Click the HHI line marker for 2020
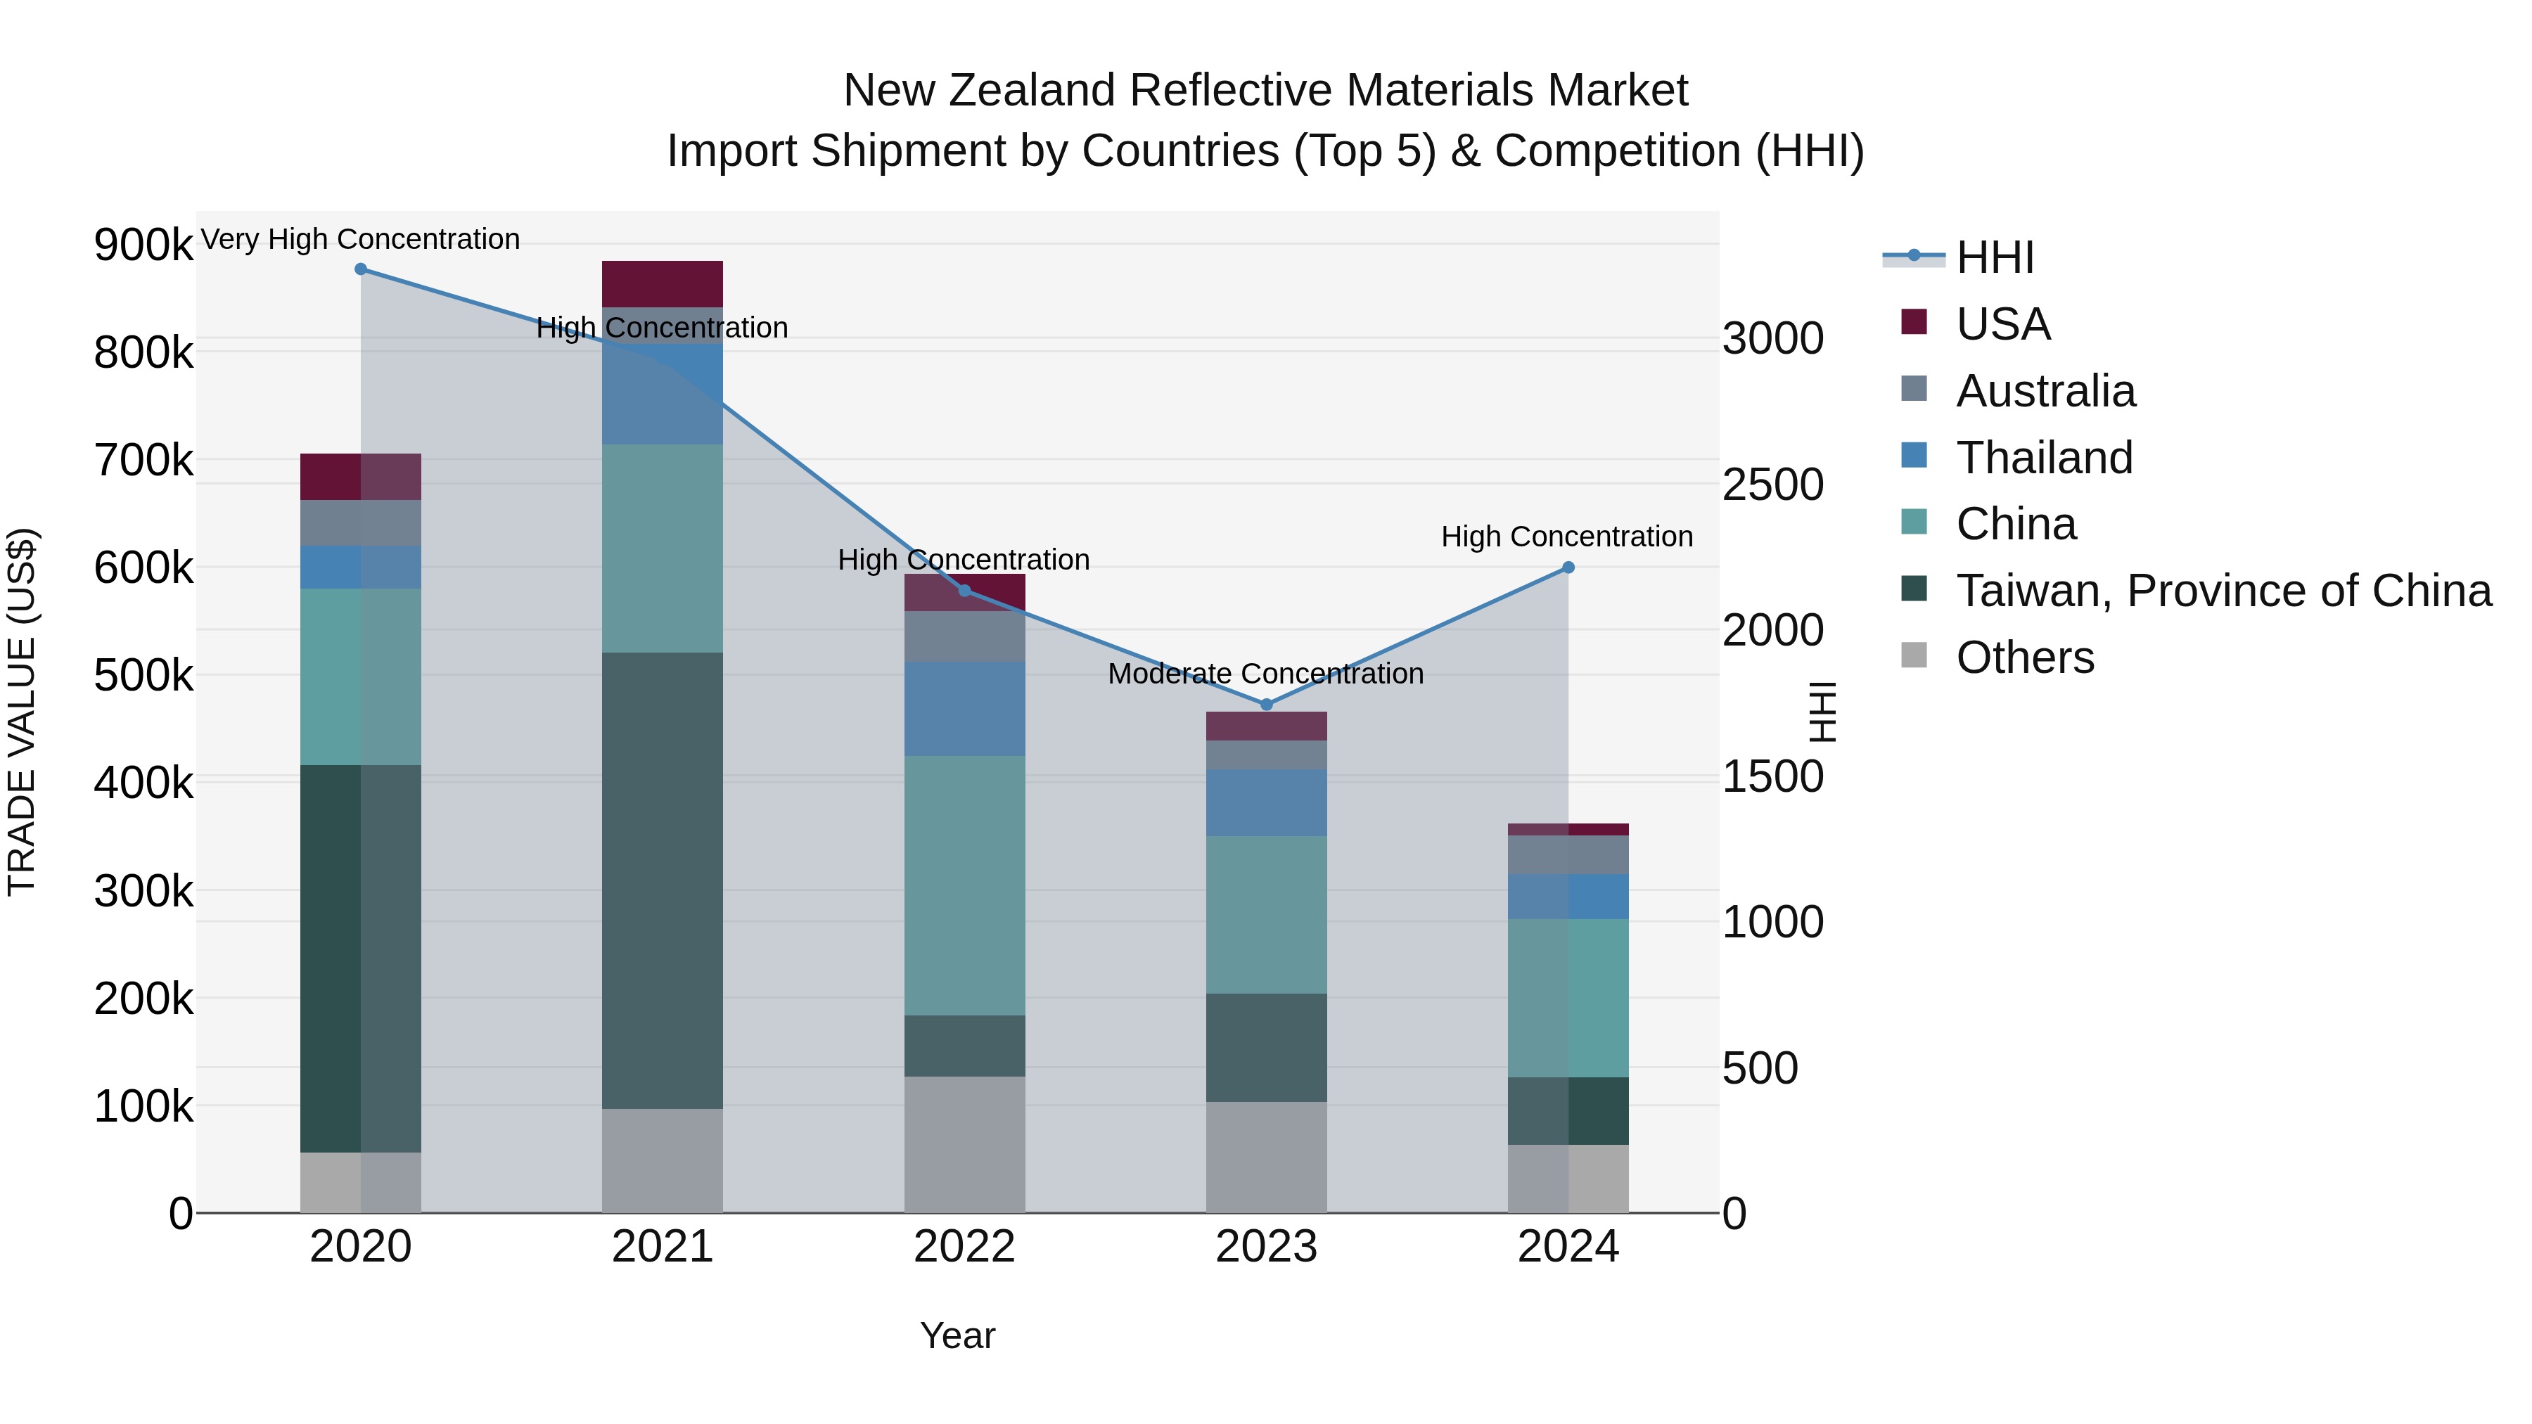[x=361, y=269]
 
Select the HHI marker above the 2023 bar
[x=1266, y=705]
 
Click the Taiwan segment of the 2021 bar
[x=662, y=880]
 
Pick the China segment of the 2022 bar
[x=964, y=885]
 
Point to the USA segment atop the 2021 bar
[x=662, y=284]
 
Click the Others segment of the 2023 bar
[x=1266, y=1157]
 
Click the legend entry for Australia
[x=2045, y=391]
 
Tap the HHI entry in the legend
[x=1995, y=257]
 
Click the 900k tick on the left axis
[x=143, y=245]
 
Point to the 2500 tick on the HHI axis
[x=1772, y=485]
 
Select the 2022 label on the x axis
[x=964, y=1247]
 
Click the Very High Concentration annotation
[x=361, y=239]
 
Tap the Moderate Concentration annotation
[x=1265, y=674]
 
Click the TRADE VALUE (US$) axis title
[x=22, y=712]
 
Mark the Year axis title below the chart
[x=957, y=1335]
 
